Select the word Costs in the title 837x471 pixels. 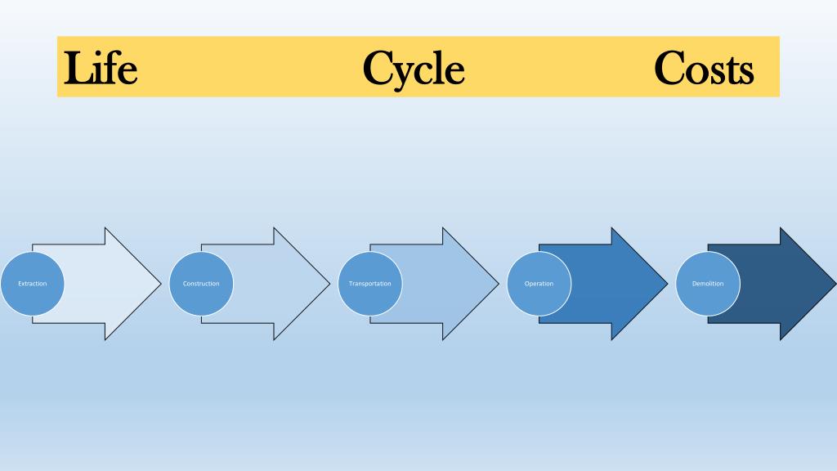(x=704, y=68)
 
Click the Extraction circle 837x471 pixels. (x=33, y=284)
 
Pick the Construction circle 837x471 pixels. (x=201, y=284)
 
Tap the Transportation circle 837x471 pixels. (x=370, y=284)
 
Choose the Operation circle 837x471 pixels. (x=539, y=284)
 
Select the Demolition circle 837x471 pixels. (x=708, y=284)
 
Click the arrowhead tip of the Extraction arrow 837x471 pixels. (x=161, y=284)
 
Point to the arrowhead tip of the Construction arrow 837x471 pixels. (x=329, y=284)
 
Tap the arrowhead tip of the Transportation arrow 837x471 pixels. (x=498, y=284)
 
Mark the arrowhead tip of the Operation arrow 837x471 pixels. (x=667, y=284)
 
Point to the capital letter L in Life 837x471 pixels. (x=78, y=68)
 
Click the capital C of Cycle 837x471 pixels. (x=380, y=68)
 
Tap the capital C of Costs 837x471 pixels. (x=671, y=68)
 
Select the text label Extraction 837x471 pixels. (x=33, y=284)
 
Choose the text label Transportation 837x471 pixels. (x=370, y=284)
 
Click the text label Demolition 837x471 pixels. (x=708, y=284)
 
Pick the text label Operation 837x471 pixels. (x=539, y=284)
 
